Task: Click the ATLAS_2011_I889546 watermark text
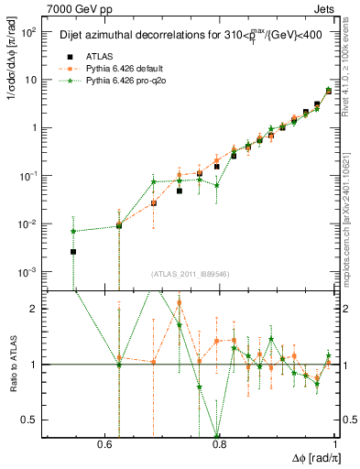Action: click(190, 274)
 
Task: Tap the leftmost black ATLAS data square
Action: click(73, 252)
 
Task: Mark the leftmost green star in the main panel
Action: click(73, 232)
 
